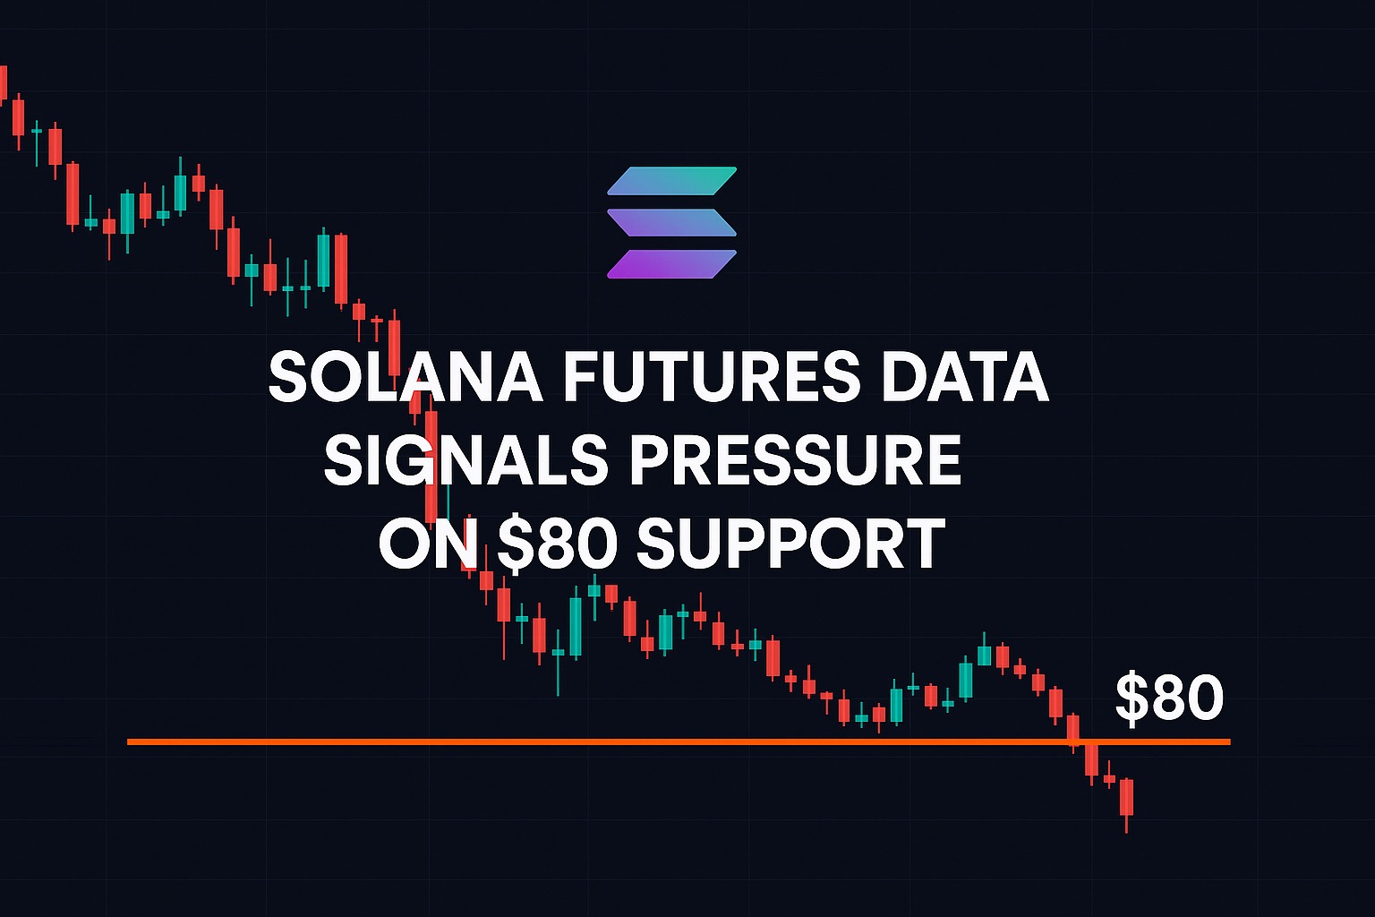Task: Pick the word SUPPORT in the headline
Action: pos(790,544)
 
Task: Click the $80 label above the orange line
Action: pos(1169,698)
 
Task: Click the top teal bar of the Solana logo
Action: pos(672,181)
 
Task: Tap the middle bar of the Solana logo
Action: pos(671,222)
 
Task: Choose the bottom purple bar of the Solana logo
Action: pos(671,264)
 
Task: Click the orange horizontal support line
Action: pos(627,741)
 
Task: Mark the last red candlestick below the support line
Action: pos(1126,797)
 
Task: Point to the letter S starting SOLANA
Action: pos(287,378)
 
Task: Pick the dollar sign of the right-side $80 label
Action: pos(1132,698)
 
